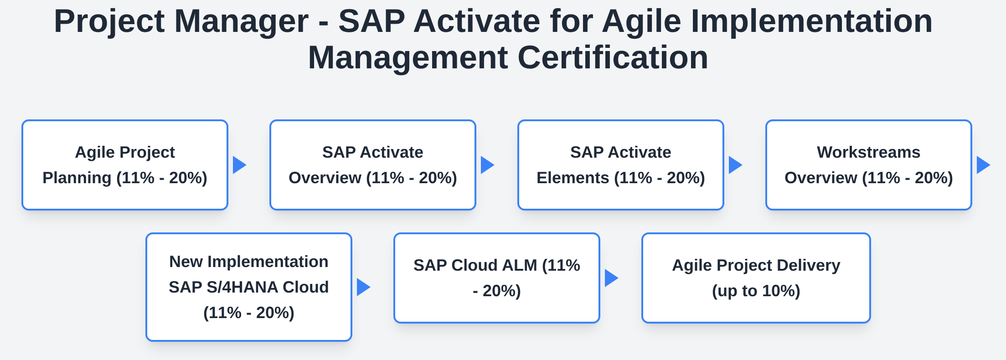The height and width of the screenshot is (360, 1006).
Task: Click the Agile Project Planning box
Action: [x=125, y=165]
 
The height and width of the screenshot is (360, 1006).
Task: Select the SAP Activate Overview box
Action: [x=373, y=165]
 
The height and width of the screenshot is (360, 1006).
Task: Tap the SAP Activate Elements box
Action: [x=621, y=165]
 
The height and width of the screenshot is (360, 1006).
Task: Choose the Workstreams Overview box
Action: [x=869, y=165]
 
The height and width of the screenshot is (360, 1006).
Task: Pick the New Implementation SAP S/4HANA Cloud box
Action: [x=249, y=287]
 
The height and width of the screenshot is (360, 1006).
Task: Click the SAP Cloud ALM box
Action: [x=497, y=278]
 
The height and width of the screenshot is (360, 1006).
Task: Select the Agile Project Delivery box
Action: [x=756, y=278]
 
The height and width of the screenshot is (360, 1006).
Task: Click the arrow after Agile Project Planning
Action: [x=239, y=165]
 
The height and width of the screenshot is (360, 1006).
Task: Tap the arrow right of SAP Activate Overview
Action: [x=487, y=165]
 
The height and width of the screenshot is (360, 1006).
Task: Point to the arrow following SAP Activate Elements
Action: [x=735, y=165]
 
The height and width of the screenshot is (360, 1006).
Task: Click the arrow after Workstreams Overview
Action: [x=983, y=165]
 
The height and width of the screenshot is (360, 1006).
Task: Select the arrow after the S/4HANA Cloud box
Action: [x=363, y=287]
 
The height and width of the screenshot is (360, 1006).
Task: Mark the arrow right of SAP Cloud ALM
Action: [x=611, y=278]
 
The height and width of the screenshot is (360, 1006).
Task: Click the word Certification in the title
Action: [x=613, y=58]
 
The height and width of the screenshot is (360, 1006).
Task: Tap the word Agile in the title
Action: [x=641, y=21]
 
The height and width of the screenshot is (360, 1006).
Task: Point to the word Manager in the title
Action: [x=242, y=21]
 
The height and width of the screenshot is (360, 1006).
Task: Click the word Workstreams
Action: [x=869, y=152]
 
